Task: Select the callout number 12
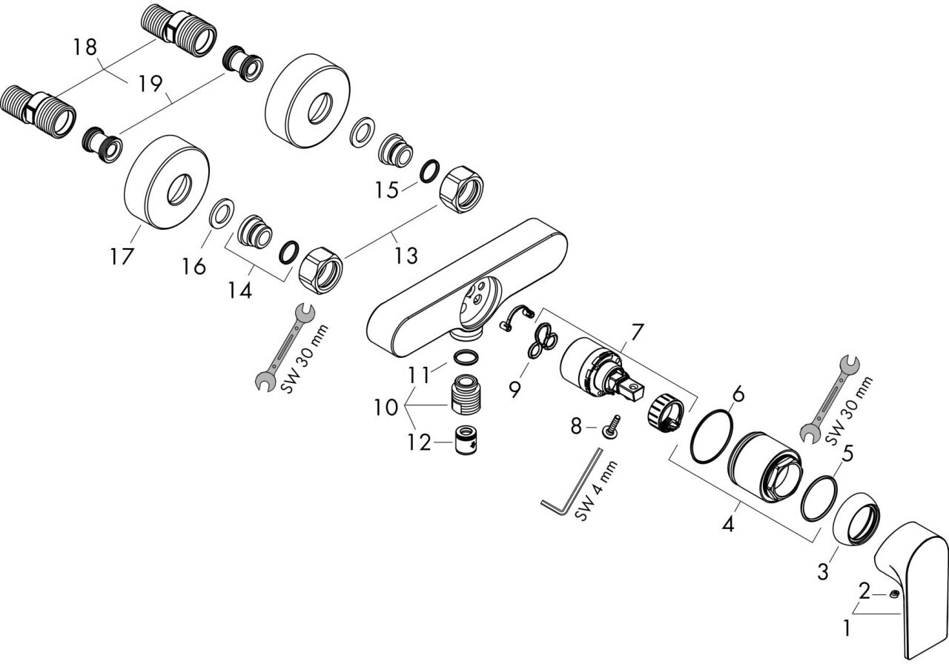point(418,442)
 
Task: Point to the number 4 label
point(728,525)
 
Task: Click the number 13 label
point(406,256)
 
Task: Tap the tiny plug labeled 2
point(895,594)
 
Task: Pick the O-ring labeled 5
point(819,497)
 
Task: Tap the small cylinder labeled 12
point(466,442)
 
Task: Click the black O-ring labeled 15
point(429,171)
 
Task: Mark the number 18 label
point(85,47)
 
